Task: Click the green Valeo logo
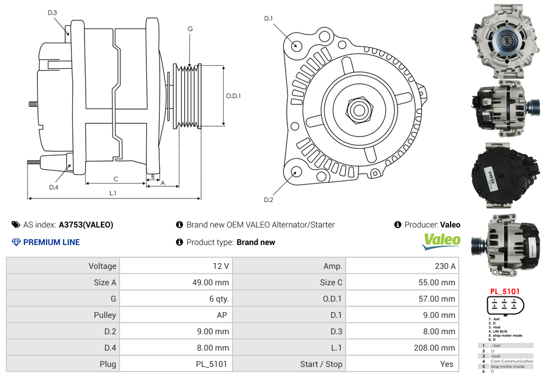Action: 441,240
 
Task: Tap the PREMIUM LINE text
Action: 51,242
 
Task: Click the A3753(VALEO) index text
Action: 86,225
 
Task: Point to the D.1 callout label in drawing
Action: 268,19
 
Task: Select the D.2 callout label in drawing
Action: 268,200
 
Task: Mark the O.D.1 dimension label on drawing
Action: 233,96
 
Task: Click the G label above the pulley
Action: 190,29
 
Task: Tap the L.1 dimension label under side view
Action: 113,192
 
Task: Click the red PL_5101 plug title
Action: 504,290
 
